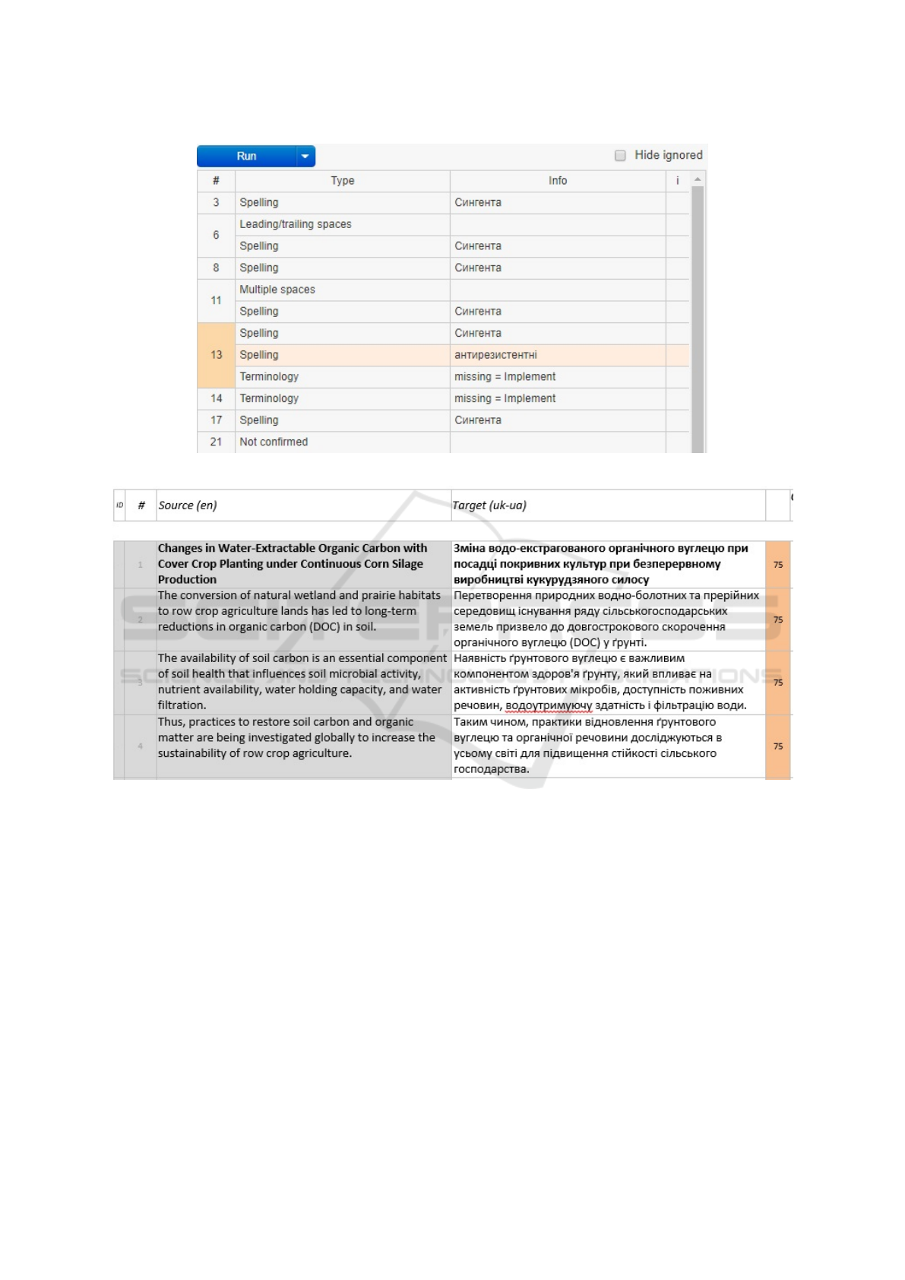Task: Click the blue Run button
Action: coord(246,156)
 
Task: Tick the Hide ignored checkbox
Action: coord(620,155)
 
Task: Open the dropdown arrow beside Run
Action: coord(305,156)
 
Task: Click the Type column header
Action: coord(342,181)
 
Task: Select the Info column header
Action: coord(558,181)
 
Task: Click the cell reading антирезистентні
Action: coord(495,355)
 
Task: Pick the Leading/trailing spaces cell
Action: coord(296,224)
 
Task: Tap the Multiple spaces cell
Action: coord(277,290)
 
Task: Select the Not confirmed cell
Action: coord(274,442)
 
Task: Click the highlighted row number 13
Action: coord(216,355)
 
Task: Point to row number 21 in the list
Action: coord(216,442)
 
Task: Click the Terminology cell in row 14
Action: coord(269,398)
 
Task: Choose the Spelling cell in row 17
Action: coord(259,420)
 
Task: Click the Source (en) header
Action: coord(188,505)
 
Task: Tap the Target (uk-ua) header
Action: coord(489,505)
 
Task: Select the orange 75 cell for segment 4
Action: coord(777,746)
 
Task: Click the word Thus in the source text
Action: coord(170,722)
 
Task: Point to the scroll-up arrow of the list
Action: coord(698,180)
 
